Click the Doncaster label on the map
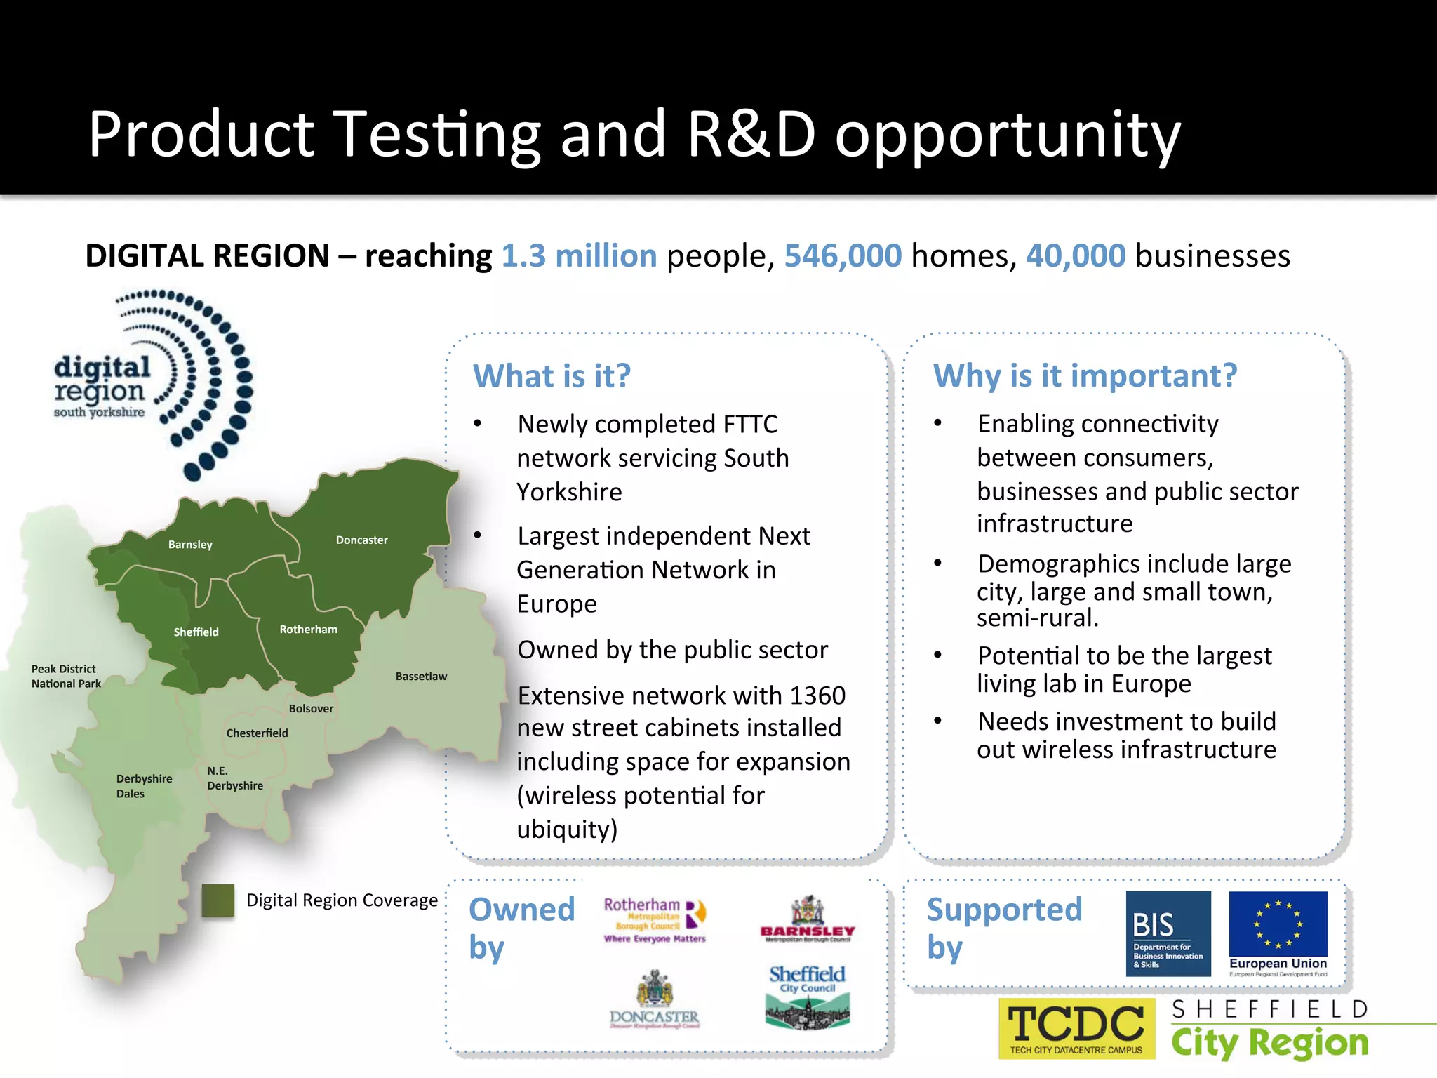point(361,540)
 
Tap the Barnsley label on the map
point(190,545)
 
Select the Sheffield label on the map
point(196,632)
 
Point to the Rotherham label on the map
point(308,630)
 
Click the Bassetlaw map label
point(421,677)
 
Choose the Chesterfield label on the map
point(257,733)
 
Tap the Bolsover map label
point(311,709)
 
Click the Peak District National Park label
point(66,677)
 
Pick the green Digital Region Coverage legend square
point(218,900)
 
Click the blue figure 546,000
point(843,256)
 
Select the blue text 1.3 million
point(579,256)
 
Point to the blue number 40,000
point(1076,256)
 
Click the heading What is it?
point(552,376)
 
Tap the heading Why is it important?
point(1085,375)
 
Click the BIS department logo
point(1168,933)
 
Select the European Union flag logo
point(1278,933)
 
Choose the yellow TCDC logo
point(1076,1028)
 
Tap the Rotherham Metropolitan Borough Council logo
point(655,919)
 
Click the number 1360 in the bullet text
point(817,696)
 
